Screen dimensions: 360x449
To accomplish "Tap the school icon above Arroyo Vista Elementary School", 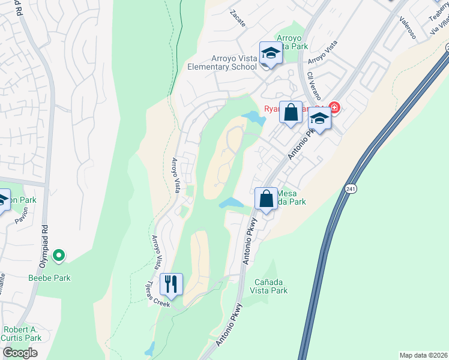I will [x=270, y=53].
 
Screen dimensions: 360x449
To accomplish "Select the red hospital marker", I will [x=334, y=108].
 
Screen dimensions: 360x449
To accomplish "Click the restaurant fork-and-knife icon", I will [x=172, y=284].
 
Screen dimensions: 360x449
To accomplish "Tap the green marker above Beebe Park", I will [x=58, y=257].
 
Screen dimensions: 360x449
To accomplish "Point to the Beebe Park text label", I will [x=49, y=278].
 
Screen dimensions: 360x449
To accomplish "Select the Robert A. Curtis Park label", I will [x=22, y=334].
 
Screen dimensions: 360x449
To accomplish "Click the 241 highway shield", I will [x=351, y=188].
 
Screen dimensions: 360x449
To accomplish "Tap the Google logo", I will [x=20, y=353].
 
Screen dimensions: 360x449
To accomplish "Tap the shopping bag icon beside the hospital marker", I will [x=291, y=113].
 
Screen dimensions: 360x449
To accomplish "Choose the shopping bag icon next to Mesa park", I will [x=265, y=199].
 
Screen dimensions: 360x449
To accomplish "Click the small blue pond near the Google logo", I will [x=149, y=348].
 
